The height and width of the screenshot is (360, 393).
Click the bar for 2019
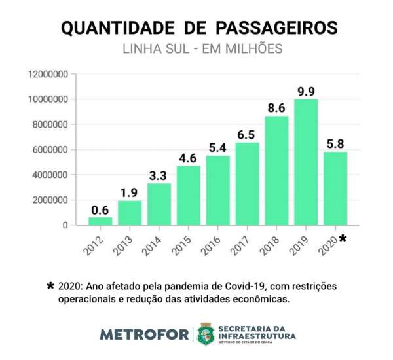coord(306,162)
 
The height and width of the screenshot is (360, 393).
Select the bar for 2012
coord(100,221)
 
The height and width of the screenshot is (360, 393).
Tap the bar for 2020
coord(335,189)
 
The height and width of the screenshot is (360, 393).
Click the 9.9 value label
coord(306,91)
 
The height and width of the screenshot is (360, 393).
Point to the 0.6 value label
coord(100,209)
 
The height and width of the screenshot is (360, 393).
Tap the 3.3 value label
coord(159,175)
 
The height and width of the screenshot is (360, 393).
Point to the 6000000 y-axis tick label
coord(50,150)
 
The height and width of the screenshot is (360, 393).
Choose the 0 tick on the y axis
coord(65,225)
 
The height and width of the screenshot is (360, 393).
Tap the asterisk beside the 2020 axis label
coord(343,240)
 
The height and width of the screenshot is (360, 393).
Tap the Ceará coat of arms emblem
coord(206,333)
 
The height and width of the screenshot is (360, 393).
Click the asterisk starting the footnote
coord(50,287)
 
